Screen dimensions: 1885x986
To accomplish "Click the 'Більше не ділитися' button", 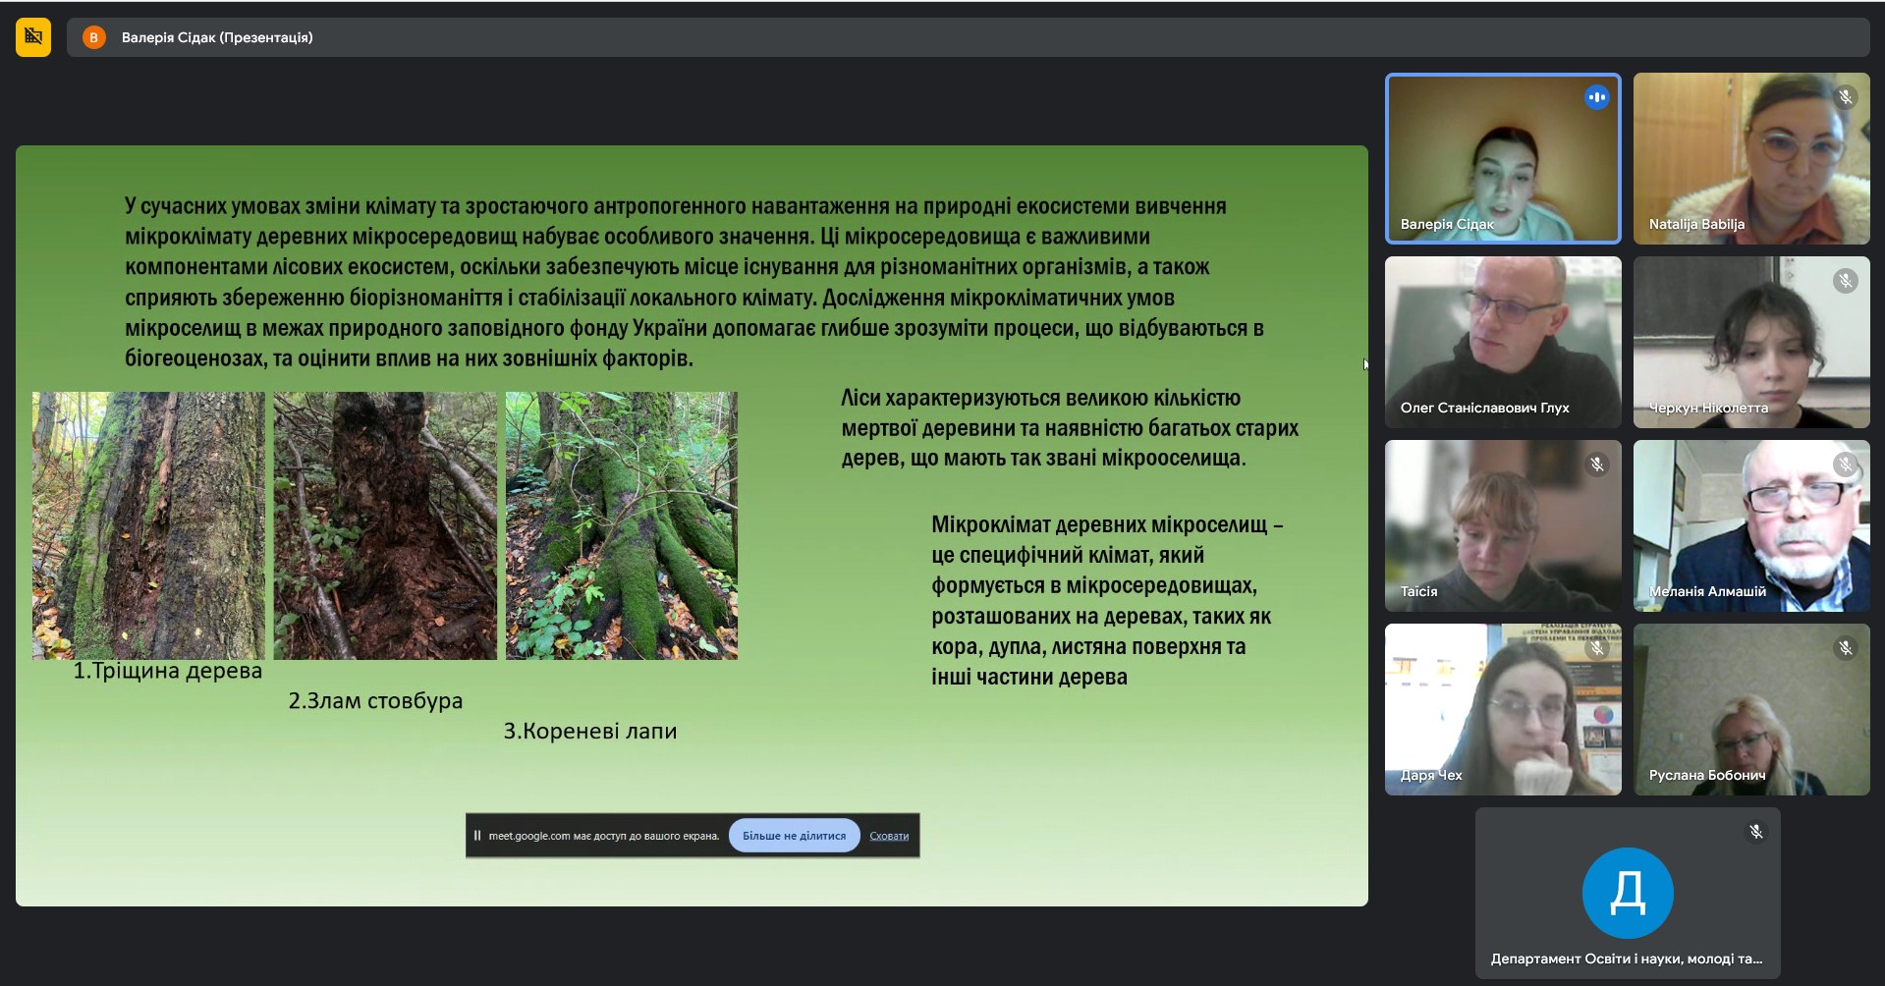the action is (x=794, y=836).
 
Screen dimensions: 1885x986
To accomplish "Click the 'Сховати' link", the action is (x=889, y=837).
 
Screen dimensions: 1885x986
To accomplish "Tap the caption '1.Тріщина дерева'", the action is (x=168, y=671).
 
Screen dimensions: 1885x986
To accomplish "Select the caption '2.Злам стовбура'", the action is (x=375, y=701).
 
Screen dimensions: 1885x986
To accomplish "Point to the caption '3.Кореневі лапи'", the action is (x=590, y=732).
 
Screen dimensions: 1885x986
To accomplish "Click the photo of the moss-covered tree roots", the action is (x=622, y=525).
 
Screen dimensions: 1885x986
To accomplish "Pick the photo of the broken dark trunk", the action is (x=385, y=525).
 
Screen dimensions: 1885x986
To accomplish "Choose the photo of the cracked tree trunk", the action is (x=148, y=525).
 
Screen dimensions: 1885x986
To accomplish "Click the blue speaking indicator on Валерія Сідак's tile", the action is (x=1596, y=97).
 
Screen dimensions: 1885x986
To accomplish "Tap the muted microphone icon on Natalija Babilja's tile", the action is (x=1846, y=97).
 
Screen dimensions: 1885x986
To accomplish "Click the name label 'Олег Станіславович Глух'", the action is (x=1484, y=408).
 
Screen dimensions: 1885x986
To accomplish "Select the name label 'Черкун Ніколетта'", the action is (x=1708, y=408).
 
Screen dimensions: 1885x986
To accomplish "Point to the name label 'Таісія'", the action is (x=1418, y=591).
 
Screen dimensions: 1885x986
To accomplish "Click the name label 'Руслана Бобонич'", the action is (x=1707, y=775).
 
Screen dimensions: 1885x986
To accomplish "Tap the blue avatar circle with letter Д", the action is (x=1628, y=893).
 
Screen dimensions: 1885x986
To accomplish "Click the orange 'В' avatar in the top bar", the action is (x=94, y=37).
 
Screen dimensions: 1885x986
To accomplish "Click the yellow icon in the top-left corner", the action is (x=33, y=37).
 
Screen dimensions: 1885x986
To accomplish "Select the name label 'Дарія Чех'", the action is (x=1431, y=775).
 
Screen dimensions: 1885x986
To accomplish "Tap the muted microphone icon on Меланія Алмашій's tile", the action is (x=1846, y=465).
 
